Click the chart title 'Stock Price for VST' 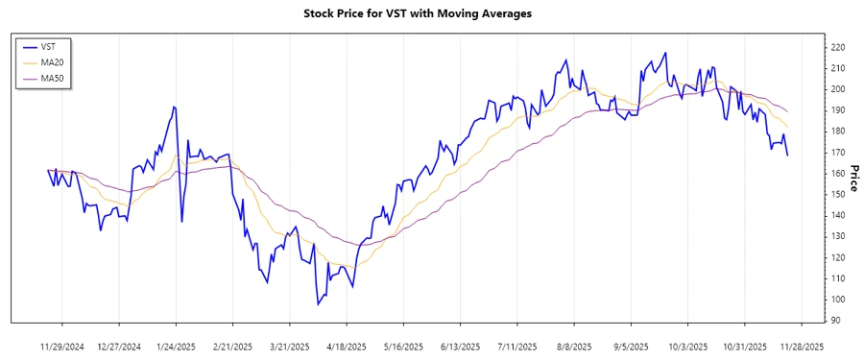(x=417, y=13)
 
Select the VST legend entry (x=48, y=46)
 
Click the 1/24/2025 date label (x=176, y=347)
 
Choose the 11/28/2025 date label (x=801, y=347)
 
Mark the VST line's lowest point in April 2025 (x=318, y=304)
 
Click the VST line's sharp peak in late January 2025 (x=174, y=107)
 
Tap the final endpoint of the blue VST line (x=788, y=156)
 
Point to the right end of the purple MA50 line (x=788, y=111)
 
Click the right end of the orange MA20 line (x=788, y=128)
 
